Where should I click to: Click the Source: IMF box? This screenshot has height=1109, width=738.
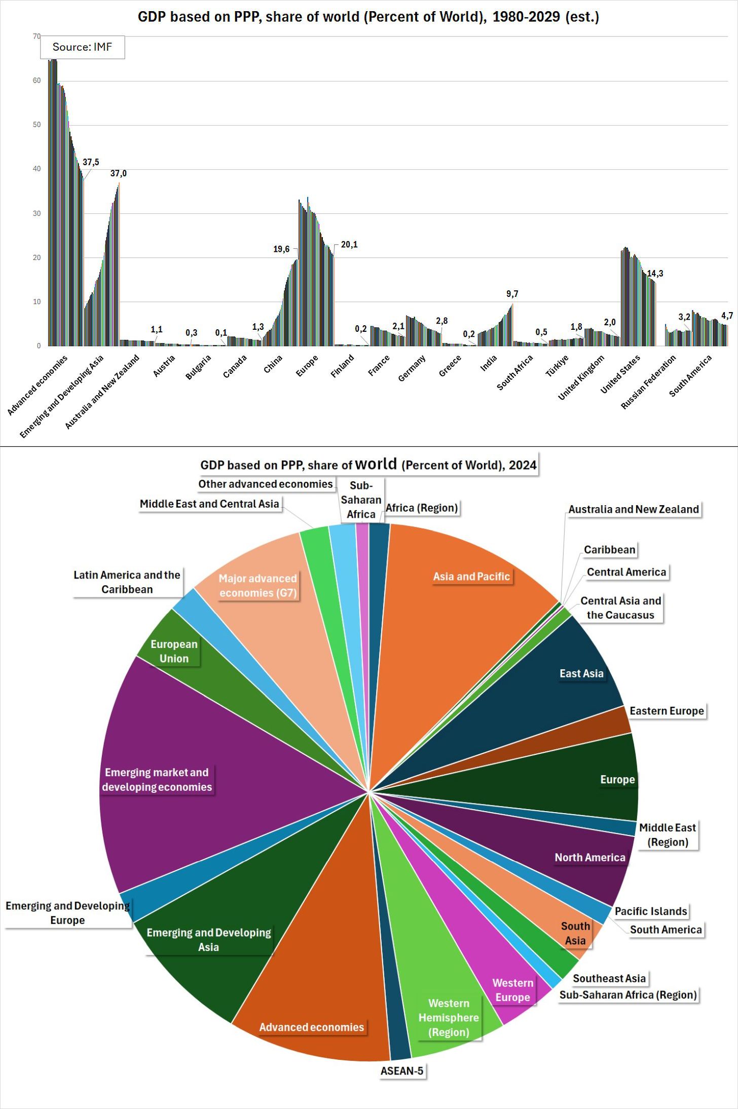tap(82, 47)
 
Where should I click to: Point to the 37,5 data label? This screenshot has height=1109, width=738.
tap(91, 162)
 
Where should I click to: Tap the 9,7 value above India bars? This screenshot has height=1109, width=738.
tap(512, 294)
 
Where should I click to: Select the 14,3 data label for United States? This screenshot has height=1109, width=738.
tap(655, 274)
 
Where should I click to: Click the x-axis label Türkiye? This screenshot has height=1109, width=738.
tap(557, 366)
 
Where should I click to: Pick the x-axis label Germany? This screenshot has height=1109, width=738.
tap(412, 368)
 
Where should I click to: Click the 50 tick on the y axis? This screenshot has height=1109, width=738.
tap(36, 125)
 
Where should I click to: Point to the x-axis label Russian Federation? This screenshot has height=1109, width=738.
tap(648, 382)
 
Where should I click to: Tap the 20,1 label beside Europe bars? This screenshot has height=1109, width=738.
tap(349, 245)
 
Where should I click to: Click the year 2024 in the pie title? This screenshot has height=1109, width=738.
tap(523, 465)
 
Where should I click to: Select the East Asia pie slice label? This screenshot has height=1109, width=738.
tap(581, 673)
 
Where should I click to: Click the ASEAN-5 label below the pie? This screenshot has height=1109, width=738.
tap(402, 1070)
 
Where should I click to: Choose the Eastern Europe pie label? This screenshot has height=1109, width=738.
tap(667, 711)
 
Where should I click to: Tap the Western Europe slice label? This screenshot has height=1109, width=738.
tap(512, 990)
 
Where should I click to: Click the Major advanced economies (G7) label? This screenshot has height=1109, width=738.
tap(258, 586)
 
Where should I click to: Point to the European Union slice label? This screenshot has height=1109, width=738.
tap(174, 651)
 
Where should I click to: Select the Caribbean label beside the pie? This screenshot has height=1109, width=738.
tap(609, 550)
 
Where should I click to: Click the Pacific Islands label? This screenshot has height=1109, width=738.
tap(651, 911)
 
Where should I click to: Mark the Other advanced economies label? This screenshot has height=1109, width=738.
tap(266, 484)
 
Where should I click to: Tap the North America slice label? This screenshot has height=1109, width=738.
tap(590, 857)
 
